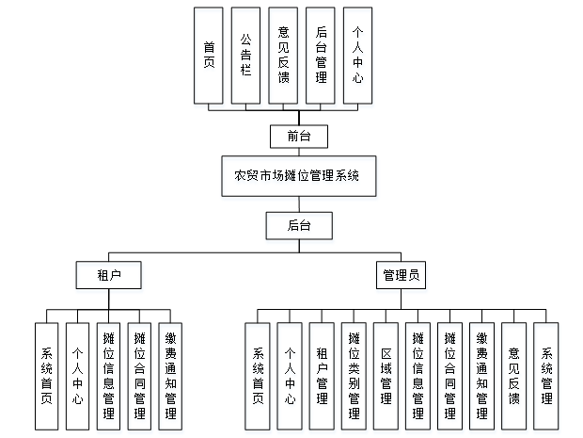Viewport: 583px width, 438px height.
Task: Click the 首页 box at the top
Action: click(x=208, y=55)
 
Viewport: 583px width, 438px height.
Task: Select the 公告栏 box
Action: click(x=245, y=55)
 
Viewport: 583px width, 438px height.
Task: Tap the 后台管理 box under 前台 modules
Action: click(x=321, y=55)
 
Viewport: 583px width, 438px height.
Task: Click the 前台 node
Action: click(x=298, y=136)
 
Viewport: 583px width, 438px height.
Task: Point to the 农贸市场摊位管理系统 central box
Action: click(x=298, y=175)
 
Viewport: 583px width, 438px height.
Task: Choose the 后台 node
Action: click(x=298, y=224)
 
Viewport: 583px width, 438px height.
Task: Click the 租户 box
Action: click(x=108, y=275)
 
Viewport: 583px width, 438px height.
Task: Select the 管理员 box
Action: click(x=402, y=275)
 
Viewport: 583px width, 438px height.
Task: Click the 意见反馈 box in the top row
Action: click(x=283, y=55)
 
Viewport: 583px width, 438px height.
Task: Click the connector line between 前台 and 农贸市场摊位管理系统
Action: click(x=298, y=152)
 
